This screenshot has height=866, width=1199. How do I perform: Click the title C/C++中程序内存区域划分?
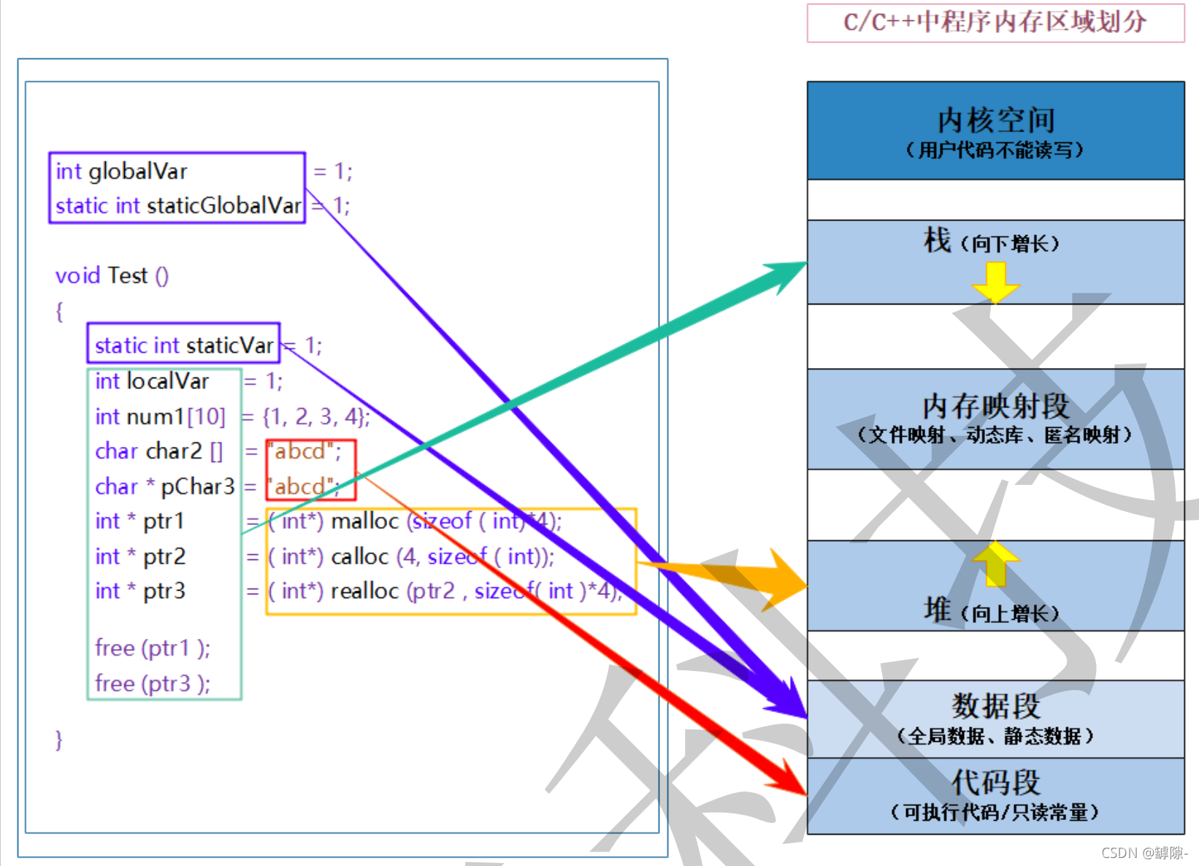995,22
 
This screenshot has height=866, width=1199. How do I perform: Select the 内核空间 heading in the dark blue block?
996,120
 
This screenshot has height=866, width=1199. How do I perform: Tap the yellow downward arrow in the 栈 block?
995,282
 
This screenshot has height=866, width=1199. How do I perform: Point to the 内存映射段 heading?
996,406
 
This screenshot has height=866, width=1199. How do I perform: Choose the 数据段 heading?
996,706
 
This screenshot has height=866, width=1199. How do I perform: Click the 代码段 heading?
996,782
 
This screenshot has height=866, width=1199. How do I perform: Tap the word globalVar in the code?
137,172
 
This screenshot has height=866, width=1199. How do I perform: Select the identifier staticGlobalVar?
224,206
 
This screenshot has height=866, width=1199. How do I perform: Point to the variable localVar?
167,381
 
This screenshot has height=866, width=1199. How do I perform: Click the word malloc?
364,521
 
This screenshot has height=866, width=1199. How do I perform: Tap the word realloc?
364,591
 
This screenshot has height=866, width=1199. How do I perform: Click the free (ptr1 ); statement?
152,648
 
